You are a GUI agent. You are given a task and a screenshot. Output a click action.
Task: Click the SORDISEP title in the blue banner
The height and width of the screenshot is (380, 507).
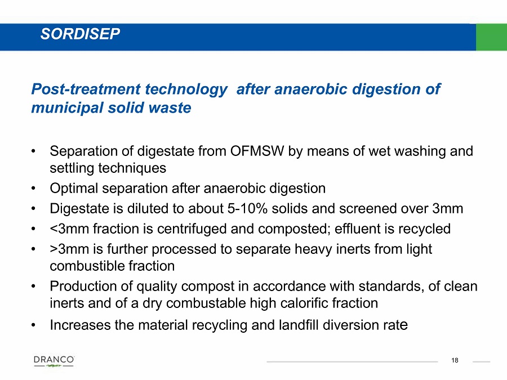point(80,34)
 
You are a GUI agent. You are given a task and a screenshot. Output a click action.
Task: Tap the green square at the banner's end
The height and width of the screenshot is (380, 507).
point(491,37)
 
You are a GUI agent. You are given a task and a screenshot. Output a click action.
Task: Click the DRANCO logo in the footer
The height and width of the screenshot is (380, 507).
point(54,361)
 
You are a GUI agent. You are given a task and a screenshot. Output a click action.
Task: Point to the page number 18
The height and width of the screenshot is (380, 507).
point(455,360)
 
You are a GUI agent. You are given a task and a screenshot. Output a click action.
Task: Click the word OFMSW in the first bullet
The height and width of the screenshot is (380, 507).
point(257,151)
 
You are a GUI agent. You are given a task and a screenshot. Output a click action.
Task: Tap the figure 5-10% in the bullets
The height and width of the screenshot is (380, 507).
point(247,209)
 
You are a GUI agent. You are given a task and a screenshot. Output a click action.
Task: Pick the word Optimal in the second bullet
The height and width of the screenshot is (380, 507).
point(74,189)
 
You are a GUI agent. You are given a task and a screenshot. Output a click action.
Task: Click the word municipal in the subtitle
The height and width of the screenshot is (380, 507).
point(67,108)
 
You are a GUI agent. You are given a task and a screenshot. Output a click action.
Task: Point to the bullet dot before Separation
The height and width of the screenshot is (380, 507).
point(33,151)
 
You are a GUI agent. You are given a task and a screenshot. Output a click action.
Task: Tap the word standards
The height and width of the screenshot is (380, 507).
point(391,287)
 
